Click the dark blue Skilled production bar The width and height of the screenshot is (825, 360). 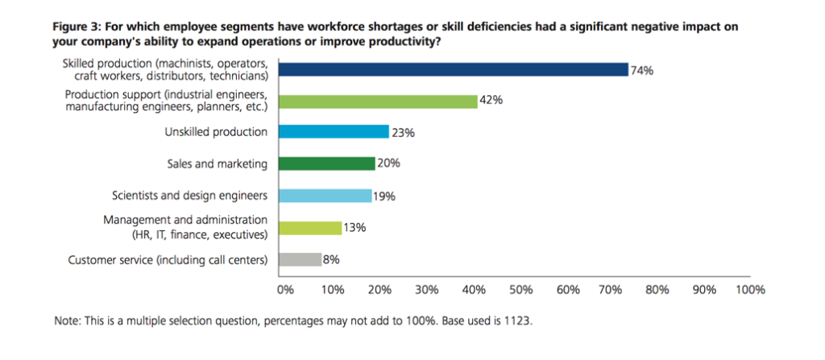[x=452, y=69]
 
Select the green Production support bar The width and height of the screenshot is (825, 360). [x=377, y=101]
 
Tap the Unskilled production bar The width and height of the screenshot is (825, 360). [x=333, y=131]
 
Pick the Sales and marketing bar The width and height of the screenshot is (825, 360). [x=325, y=163]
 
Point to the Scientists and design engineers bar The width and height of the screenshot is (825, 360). [x=324, y=195]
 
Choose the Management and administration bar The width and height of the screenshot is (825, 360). [x=309, y=227]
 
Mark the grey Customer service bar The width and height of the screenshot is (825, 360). [x=297, y=259]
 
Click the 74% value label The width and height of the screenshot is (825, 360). [x=642, y=70]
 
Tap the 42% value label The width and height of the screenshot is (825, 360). [x=491, y=101]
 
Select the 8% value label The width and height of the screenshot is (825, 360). [x=330, y=259]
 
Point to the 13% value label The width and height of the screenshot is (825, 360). [x=355, y=228]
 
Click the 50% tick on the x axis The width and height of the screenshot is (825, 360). [x=521, y=288]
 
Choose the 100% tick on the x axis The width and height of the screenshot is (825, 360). [x=749, y=288]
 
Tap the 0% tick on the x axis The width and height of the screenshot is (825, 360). [x=284, y=288]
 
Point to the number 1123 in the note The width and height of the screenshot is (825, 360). [x=518, y=321]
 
